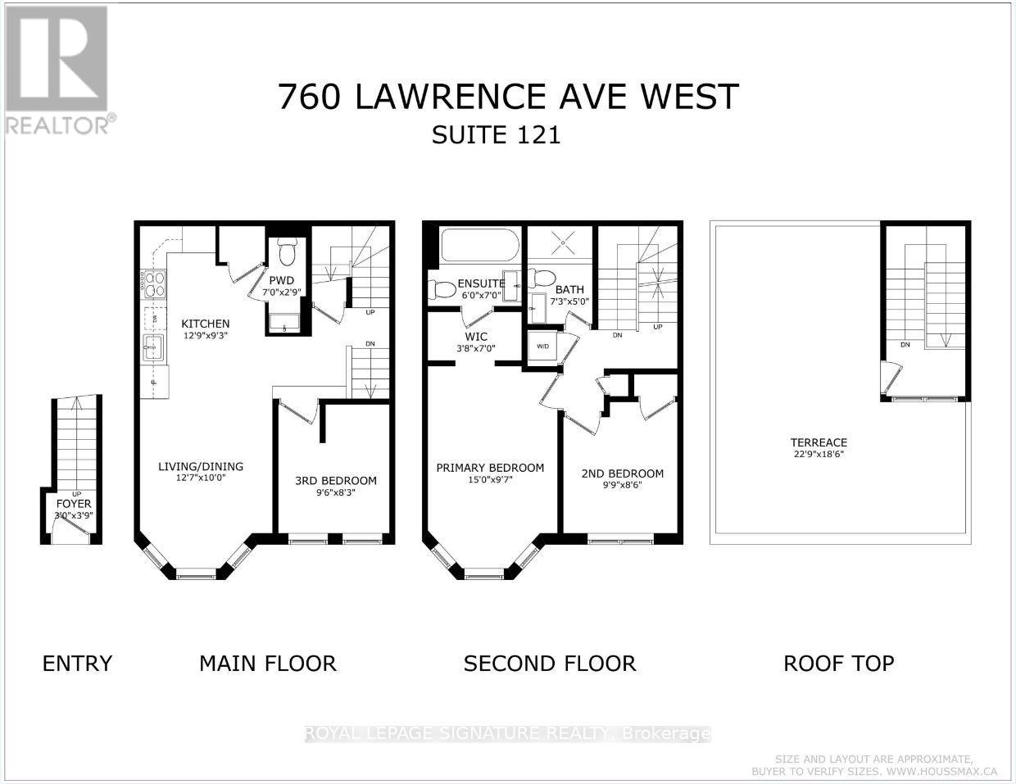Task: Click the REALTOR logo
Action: click(57, 70)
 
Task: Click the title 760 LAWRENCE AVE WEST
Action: click(508, 97)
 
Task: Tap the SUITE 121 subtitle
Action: click(497, 134)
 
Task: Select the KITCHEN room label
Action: click(205, 324)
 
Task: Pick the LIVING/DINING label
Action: click(201, 467)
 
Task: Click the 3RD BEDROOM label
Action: click(336, 481)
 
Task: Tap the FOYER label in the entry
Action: click(74, 504)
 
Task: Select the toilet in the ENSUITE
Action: click(442, 290)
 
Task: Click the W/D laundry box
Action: click(542, 346)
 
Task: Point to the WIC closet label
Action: click(475, 337)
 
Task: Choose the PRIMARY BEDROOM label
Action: click(490, 468)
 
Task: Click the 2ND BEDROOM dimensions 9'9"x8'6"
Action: click(622, 485)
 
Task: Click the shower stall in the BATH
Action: click(561, 242)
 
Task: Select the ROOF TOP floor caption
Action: click(838, 663)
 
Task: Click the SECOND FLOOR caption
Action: click(549, 663)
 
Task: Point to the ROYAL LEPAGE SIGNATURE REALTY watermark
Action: click(507, 734)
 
